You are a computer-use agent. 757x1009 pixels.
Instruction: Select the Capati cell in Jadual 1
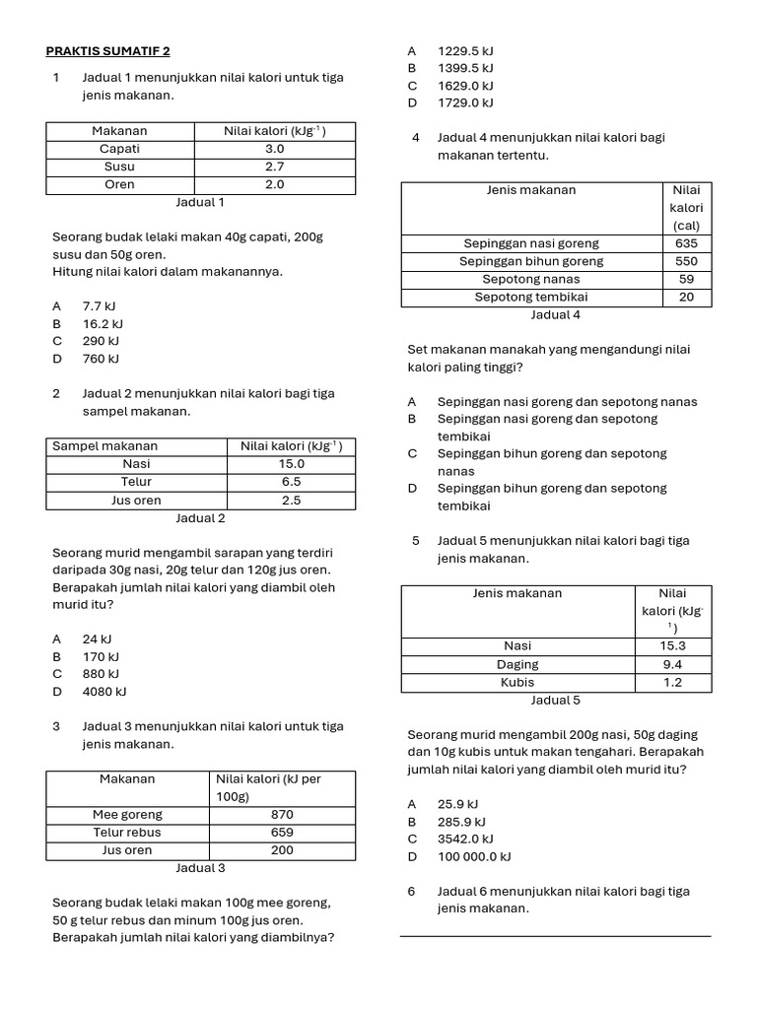[119, 149]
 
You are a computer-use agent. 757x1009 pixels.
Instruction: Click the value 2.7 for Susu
[274, 167]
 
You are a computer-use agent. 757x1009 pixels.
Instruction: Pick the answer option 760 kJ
[101, 359]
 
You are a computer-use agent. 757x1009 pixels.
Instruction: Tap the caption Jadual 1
[200, 202]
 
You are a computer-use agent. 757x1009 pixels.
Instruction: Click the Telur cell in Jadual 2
[136, 482]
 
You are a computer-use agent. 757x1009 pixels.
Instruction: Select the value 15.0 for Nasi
[291, 464]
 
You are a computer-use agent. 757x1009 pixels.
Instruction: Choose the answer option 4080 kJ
[104, 692]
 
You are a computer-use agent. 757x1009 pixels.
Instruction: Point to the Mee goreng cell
[127, 815]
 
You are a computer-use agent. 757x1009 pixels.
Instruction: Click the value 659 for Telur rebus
[282, 833]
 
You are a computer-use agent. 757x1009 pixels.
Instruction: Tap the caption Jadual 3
[200, 868]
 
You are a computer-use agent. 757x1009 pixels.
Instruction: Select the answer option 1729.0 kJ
[465, 102]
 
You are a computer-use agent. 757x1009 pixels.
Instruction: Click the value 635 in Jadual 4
[686, 243]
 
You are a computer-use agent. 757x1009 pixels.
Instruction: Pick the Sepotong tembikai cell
[531, 297]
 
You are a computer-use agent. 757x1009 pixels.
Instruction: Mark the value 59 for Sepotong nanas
[686, 279]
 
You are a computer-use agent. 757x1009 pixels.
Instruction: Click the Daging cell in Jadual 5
[517, 664]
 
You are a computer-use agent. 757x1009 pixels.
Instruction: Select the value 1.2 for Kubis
[672, 682]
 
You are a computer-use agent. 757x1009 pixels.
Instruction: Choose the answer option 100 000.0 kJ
[474, 856]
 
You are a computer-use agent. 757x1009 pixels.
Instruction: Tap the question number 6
[412, 892]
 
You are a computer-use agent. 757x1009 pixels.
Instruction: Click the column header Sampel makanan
[105, 446]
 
